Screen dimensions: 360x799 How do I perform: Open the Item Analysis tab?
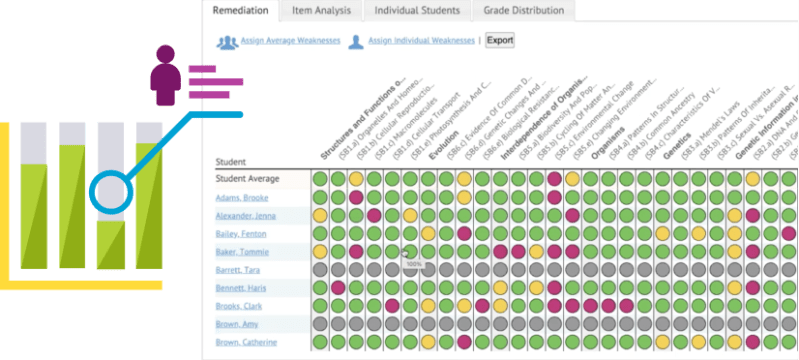(x=322, y=11)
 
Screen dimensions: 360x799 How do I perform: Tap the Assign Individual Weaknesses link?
(x=422, y=41)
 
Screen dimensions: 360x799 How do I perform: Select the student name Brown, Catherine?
(x=250, y=342)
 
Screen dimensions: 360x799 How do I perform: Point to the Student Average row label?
(x=248, y=179)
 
